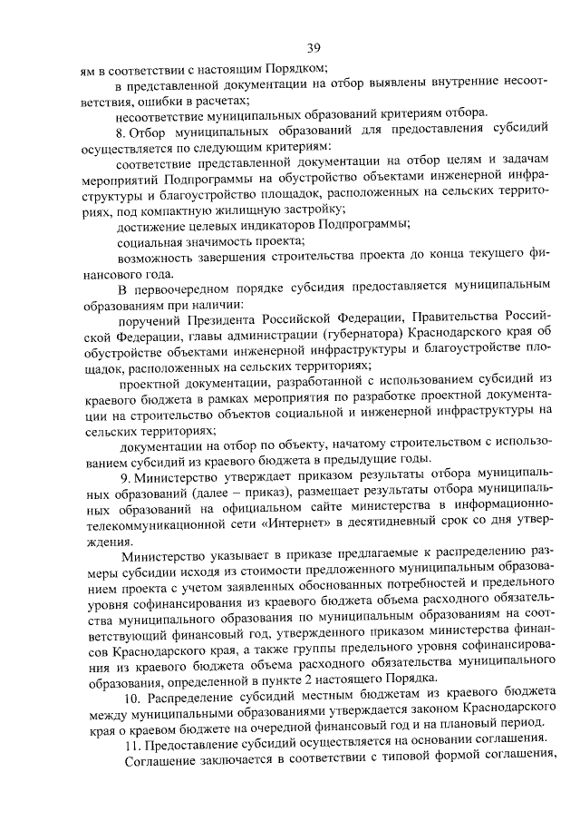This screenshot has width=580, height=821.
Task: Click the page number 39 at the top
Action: point(314,47)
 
